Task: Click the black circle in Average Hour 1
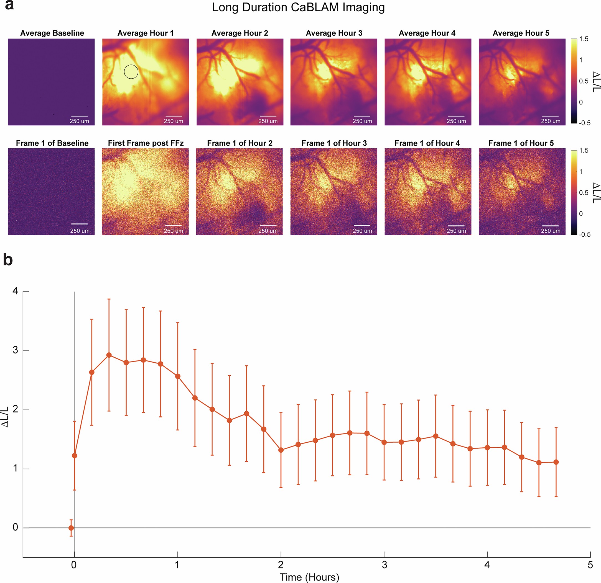pos(131,72)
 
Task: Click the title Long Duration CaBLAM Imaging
pos(298,7)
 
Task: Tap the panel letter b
pos(8,260)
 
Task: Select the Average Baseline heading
pos(52,33)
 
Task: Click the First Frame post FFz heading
pos(146,143)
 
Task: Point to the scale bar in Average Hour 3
pos(362,116)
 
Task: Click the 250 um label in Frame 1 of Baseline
pos(80,231)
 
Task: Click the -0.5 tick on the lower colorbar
pos(584,234)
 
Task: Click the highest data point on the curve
pos(109,355)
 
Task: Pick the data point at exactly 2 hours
pos(281,450)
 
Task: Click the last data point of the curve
pos(556,462)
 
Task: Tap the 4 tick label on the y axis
pos(15,291)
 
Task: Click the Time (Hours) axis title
pos(309,577)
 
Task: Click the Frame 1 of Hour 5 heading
pos(521,143)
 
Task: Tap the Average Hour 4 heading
pos(427,33)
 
